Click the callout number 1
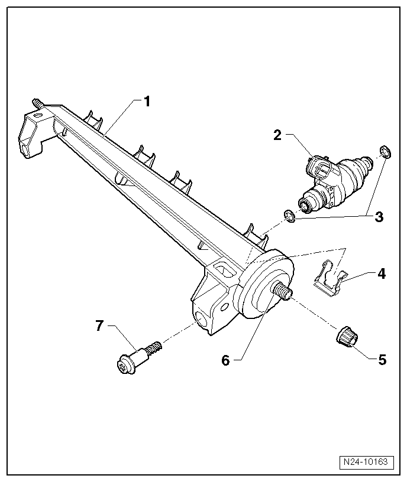pyautogui.click(x=147, y=101)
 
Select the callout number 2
pyautogui.click(x=277, y=135)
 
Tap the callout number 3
pyautogui.click(x=379, y=217)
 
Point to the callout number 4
pyautogui.click(x=382, y=273)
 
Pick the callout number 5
pyautogui.click(x=382, y=359)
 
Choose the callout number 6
pyautogui.click(x=225, y=360)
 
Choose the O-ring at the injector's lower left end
pyautogui.click(x=289, y=216)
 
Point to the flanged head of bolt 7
pyautogui.click(x=124, y=366)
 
